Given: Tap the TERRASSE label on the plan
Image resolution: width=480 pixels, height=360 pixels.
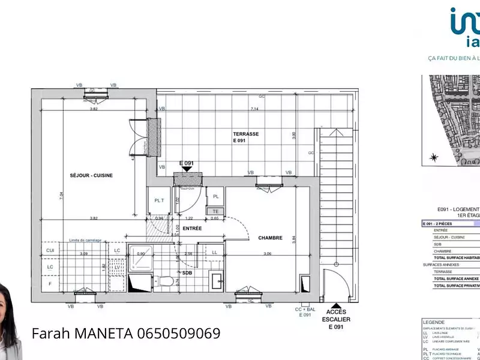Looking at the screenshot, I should (245, 134).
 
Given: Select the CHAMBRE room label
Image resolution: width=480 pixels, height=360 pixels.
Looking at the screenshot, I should (270, 238).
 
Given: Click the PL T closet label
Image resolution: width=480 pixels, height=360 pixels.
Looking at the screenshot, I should (159, 201).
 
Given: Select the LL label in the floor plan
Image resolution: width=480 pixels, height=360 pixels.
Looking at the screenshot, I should (214, 253).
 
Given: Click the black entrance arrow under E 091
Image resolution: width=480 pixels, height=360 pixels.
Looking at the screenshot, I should (187, 169).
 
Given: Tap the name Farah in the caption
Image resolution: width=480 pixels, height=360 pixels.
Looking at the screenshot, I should (50, 333).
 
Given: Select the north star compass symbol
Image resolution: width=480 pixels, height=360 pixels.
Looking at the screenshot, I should (433, 158).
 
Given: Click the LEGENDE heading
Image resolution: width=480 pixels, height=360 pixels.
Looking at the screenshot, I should (434, 322).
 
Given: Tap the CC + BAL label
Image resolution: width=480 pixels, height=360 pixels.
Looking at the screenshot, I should (304, 309).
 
